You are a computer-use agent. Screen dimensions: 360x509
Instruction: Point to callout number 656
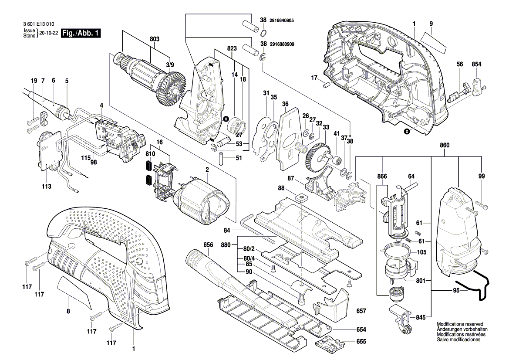209,245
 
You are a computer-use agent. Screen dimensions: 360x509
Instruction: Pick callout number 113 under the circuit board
47,187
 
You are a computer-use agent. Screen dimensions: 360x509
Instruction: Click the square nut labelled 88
300,198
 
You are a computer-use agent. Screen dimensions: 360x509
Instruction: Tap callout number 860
445,145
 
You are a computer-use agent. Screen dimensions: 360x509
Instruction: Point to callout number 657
361,311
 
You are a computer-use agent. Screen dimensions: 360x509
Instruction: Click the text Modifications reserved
460,325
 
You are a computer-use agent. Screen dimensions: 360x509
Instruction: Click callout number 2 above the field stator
208,169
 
